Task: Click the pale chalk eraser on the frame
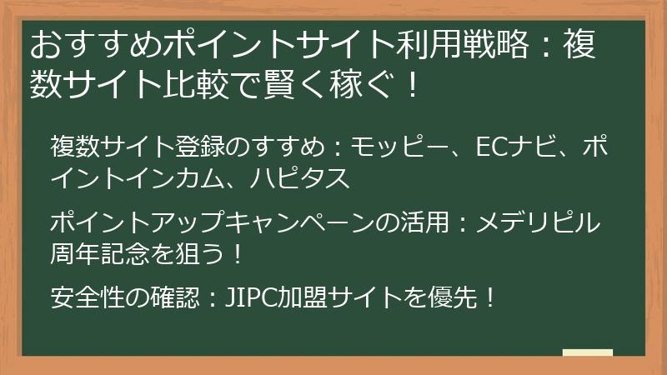[587, 352]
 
